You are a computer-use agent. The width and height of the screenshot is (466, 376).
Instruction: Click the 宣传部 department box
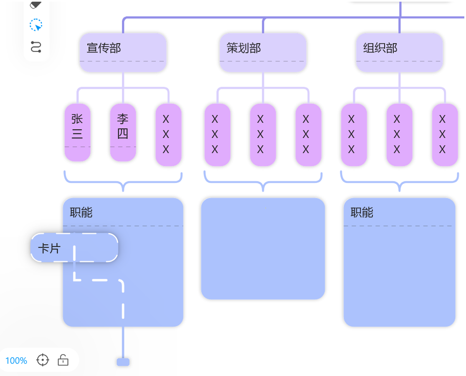[x=123, y=52]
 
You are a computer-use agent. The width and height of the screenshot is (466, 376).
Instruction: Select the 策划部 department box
[x=263, y=52]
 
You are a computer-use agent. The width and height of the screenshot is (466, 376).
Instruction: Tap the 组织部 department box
[x=399, y=52]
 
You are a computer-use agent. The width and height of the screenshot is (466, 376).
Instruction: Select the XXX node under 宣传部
[x=168, y=134]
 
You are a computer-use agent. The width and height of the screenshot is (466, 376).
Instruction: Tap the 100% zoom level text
[x=16, y=361]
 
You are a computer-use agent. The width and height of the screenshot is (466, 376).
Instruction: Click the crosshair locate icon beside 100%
[x=43, y=360]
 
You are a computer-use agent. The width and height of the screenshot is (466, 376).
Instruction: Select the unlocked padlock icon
[x=63, y=360]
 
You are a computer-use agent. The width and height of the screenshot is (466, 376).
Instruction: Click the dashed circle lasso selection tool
[x=36, y=25]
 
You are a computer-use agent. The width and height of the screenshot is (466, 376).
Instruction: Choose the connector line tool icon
[x=36, y=47]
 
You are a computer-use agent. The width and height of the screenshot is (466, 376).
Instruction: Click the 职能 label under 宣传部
[x=81, y=213]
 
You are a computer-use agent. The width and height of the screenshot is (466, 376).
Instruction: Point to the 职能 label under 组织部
[x=362, y=213]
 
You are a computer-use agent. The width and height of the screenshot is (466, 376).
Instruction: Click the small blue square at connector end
[x=123, y=362]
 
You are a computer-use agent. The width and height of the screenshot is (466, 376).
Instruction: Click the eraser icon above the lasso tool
[x=36, y=5]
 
